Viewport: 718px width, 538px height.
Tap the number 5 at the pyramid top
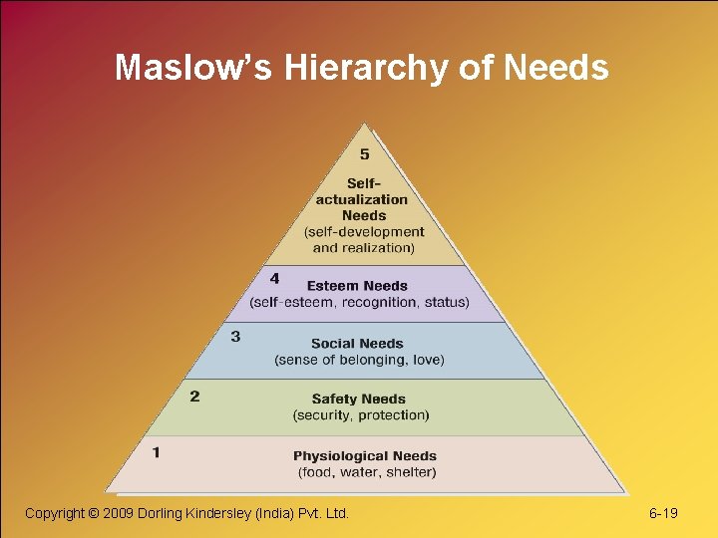click(364, 154)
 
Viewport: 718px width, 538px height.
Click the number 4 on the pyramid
click(274, 278)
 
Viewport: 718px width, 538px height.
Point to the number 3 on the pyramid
click(235, 337)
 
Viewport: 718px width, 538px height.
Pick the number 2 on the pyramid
click(194, 396)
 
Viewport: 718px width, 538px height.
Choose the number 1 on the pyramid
click(156, 452)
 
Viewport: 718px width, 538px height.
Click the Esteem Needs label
click(357, 286)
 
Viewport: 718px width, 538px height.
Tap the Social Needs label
click(358, 344)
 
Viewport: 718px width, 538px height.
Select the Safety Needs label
click(358, 400)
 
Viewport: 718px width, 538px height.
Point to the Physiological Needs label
click(364, 456)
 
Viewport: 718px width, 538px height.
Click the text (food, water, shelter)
click(366, 471)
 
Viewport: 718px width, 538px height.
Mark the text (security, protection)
click(361, 414)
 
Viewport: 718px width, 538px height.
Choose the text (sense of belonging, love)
click(359, 359)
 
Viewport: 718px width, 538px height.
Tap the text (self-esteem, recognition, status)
click(359, 301)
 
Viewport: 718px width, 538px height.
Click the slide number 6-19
click(663, 513)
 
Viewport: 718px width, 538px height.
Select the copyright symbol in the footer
click(96, 513)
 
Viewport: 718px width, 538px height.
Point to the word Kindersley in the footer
click(223, 513)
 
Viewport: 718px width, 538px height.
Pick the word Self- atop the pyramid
click(363, 183)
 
